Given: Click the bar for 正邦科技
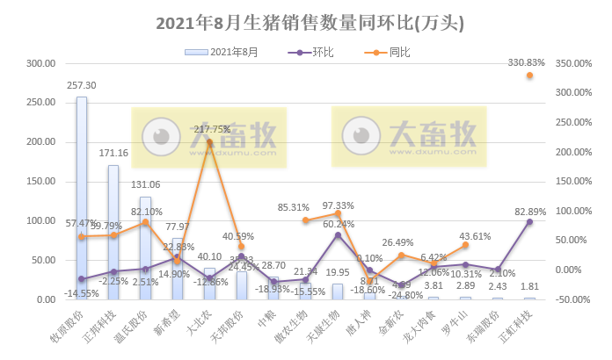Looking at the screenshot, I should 113,232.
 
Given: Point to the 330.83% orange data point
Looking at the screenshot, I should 529,76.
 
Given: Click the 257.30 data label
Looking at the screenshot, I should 82,86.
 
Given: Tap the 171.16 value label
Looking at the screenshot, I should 114,154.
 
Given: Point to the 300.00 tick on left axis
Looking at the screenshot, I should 41,64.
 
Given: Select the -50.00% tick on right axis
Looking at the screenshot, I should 575,299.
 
